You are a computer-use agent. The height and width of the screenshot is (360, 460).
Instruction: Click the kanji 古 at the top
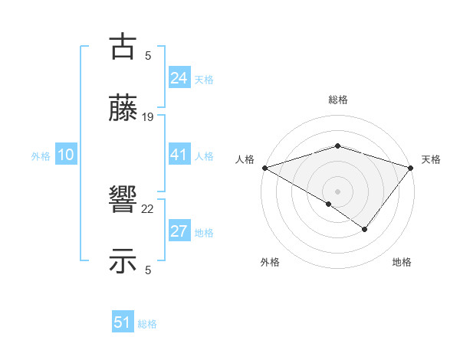123,47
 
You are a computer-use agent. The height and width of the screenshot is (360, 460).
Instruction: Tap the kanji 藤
123,110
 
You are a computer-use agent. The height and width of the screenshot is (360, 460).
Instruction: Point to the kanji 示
123,261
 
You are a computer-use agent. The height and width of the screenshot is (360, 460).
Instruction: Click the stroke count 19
148,117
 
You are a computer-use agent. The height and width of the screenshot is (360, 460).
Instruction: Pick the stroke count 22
148,208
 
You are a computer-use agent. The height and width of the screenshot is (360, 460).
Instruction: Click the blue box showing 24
179,78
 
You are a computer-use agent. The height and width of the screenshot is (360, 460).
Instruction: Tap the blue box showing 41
179,155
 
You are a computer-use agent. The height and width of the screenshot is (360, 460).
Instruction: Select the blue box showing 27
179,231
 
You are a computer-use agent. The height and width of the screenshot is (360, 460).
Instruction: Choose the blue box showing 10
65,155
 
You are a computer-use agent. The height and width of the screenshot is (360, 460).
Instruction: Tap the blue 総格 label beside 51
147,324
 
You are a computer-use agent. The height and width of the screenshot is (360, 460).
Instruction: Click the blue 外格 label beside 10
41,156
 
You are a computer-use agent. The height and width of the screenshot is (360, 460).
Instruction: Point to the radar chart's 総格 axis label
337,100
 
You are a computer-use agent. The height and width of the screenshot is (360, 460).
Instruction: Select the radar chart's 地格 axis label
402,262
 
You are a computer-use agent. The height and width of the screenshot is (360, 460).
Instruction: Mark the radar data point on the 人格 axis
264,167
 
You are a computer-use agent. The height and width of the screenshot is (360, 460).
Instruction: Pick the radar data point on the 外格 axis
329,204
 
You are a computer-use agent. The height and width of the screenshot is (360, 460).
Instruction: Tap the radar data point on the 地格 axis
365,229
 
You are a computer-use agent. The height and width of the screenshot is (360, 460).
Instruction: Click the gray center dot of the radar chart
337,191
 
